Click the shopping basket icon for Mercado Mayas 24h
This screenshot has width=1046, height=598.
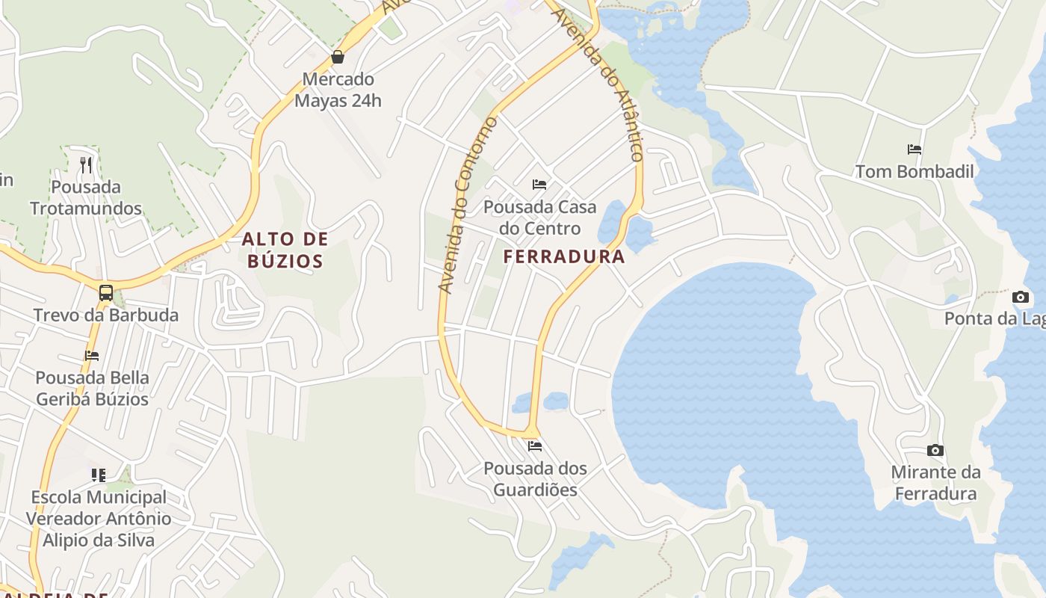click(x=338, y=57)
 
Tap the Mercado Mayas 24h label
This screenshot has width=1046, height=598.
click(x=338, y=90)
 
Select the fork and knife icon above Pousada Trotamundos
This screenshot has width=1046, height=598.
click(x=87, y=164)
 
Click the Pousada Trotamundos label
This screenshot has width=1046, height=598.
click(x=86, y=197)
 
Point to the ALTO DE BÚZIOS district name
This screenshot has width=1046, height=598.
click(x=285, y=250)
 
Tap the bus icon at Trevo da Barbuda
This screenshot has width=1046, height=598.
click(x=106, y=292)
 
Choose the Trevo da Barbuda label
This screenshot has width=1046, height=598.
click(x=106, y=315)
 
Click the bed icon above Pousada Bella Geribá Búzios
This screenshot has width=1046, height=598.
click(x=92, y=355)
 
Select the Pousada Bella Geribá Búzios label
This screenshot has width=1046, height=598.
click(x=93, y=388)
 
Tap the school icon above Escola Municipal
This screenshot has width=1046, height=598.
click(x=99, y=475)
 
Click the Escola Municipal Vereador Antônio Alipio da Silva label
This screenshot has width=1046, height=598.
click(x=99, y=518)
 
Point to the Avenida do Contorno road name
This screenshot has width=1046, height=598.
click(x=468, y=204)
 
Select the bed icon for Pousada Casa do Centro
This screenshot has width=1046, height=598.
click(x=539, y=184)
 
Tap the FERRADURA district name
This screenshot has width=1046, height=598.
click(x=564, y=256)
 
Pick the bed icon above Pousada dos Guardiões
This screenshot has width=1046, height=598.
click(x=534, y=446)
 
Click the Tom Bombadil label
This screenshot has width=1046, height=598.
click(x=915, y=171)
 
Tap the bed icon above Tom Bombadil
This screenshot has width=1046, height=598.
click(x=915, y=149)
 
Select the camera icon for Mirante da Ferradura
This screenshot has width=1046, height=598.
click(x=935, y=450)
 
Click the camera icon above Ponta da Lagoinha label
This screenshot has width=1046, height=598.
click(x=1021, y=297)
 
